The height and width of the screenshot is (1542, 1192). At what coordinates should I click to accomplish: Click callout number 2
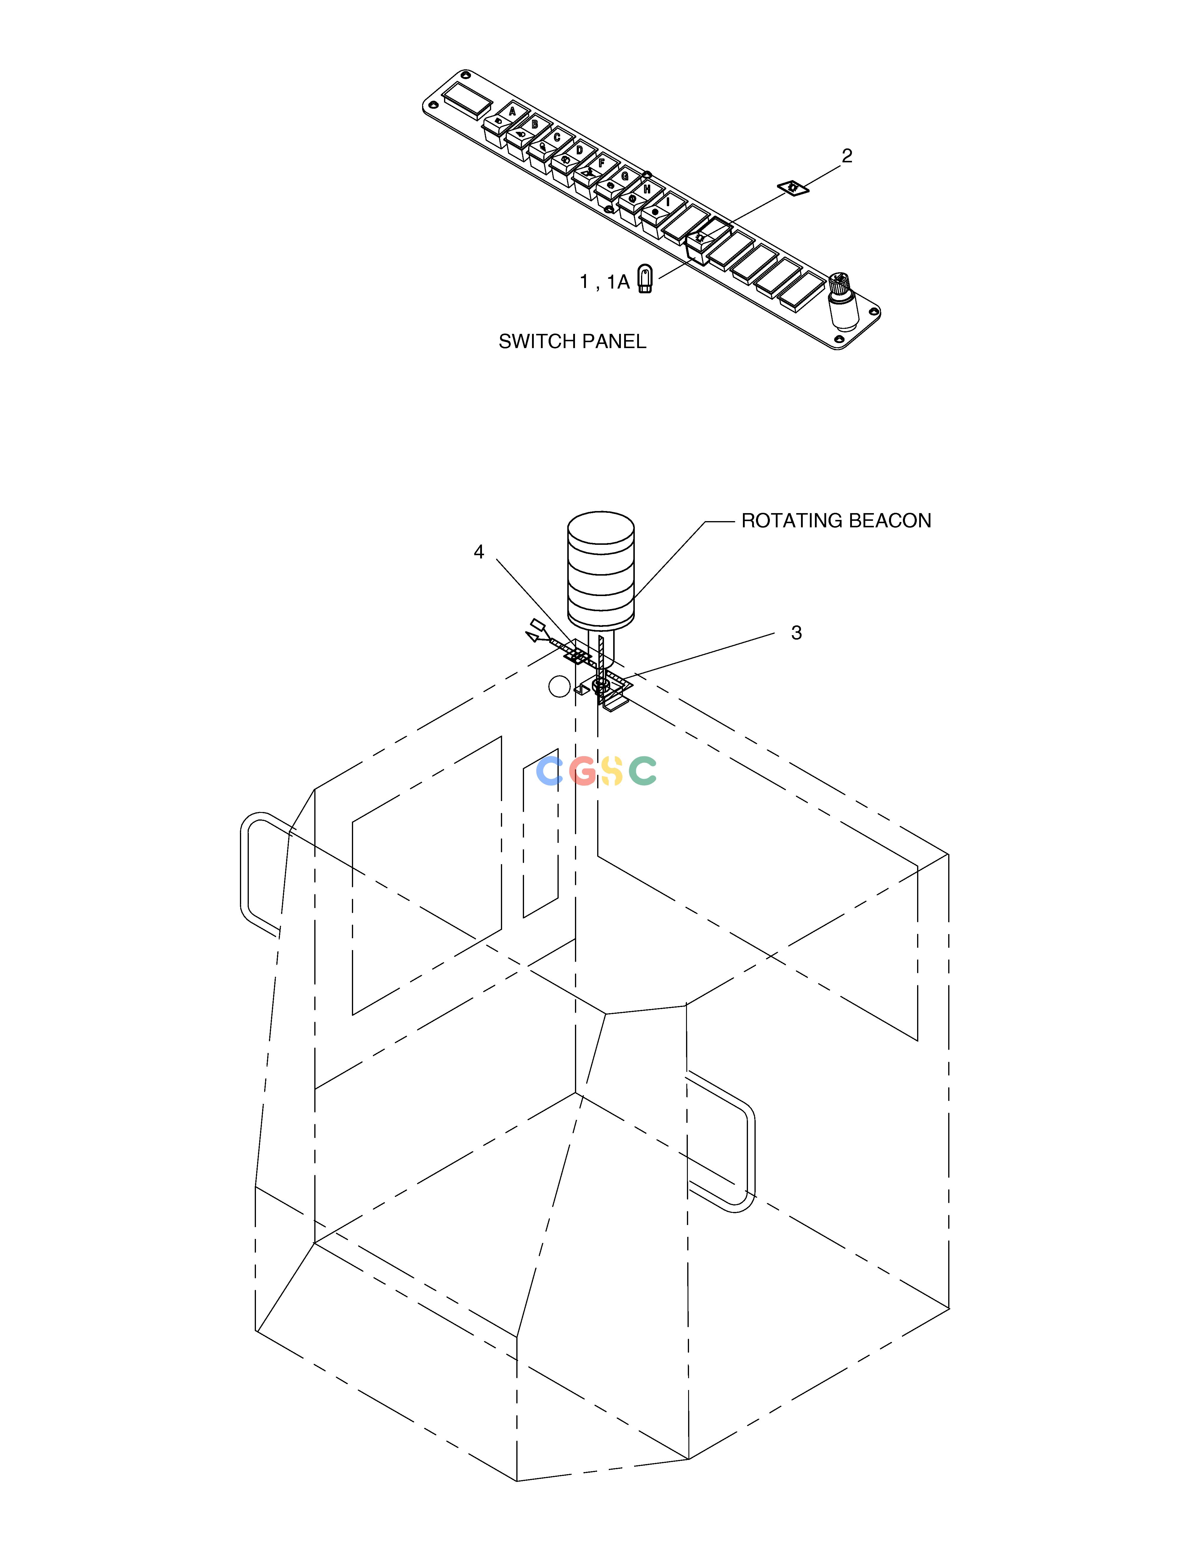coord(847,156)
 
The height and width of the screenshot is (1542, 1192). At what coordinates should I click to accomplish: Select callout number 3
coord(797,633)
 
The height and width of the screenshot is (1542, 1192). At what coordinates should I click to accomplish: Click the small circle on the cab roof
coord(559,686)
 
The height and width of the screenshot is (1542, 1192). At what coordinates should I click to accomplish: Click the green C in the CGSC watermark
coord(643,771)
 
